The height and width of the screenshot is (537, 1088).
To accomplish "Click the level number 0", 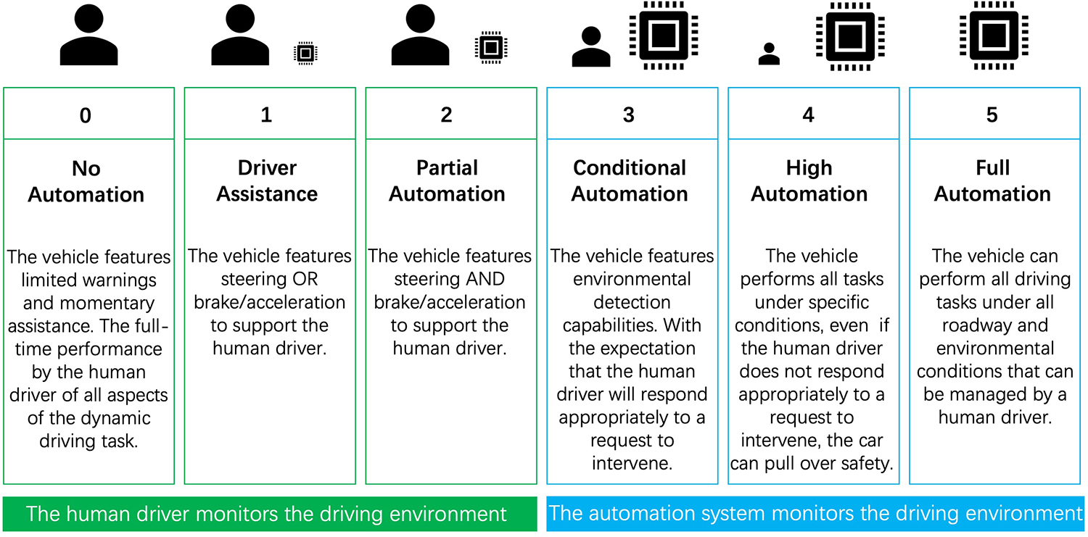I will point(86,115).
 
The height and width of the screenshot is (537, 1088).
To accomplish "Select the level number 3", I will point(629,115).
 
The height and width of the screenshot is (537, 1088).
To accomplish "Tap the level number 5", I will point(992,115).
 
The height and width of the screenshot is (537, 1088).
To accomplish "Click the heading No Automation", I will point(86,181).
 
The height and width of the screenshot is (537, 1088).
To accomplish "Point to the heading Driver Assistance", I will point(267,181).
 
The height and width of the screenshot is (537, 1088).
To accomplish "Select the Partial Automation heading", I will point(447,181).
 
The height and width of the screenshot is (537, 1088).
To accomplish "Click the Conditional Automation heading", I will point(630,181).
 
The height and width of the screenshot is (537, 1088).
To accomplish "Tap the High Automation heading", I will point(809,181).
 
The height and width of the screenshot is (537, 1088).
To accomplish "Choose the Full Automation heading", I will point(992,181).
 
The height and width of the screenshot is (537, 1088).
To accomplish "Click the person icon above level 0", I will point(88,35).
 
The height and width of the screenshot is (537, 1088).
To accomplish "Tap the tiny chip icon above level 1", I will point(305,53).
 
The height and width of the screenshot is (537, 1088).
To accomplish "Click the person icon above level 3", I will point(591,47).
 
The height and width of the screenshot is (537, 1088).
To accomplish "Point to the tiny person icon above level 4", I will point(769,54).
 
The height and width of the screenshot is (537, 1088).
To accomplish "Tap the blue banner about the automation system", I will point(815,514).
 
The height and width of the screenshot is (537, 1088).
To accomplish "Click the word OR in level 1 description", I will point(304,279).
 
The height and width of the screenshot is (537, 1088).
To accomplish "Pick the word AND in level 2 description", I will point(490,279).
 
